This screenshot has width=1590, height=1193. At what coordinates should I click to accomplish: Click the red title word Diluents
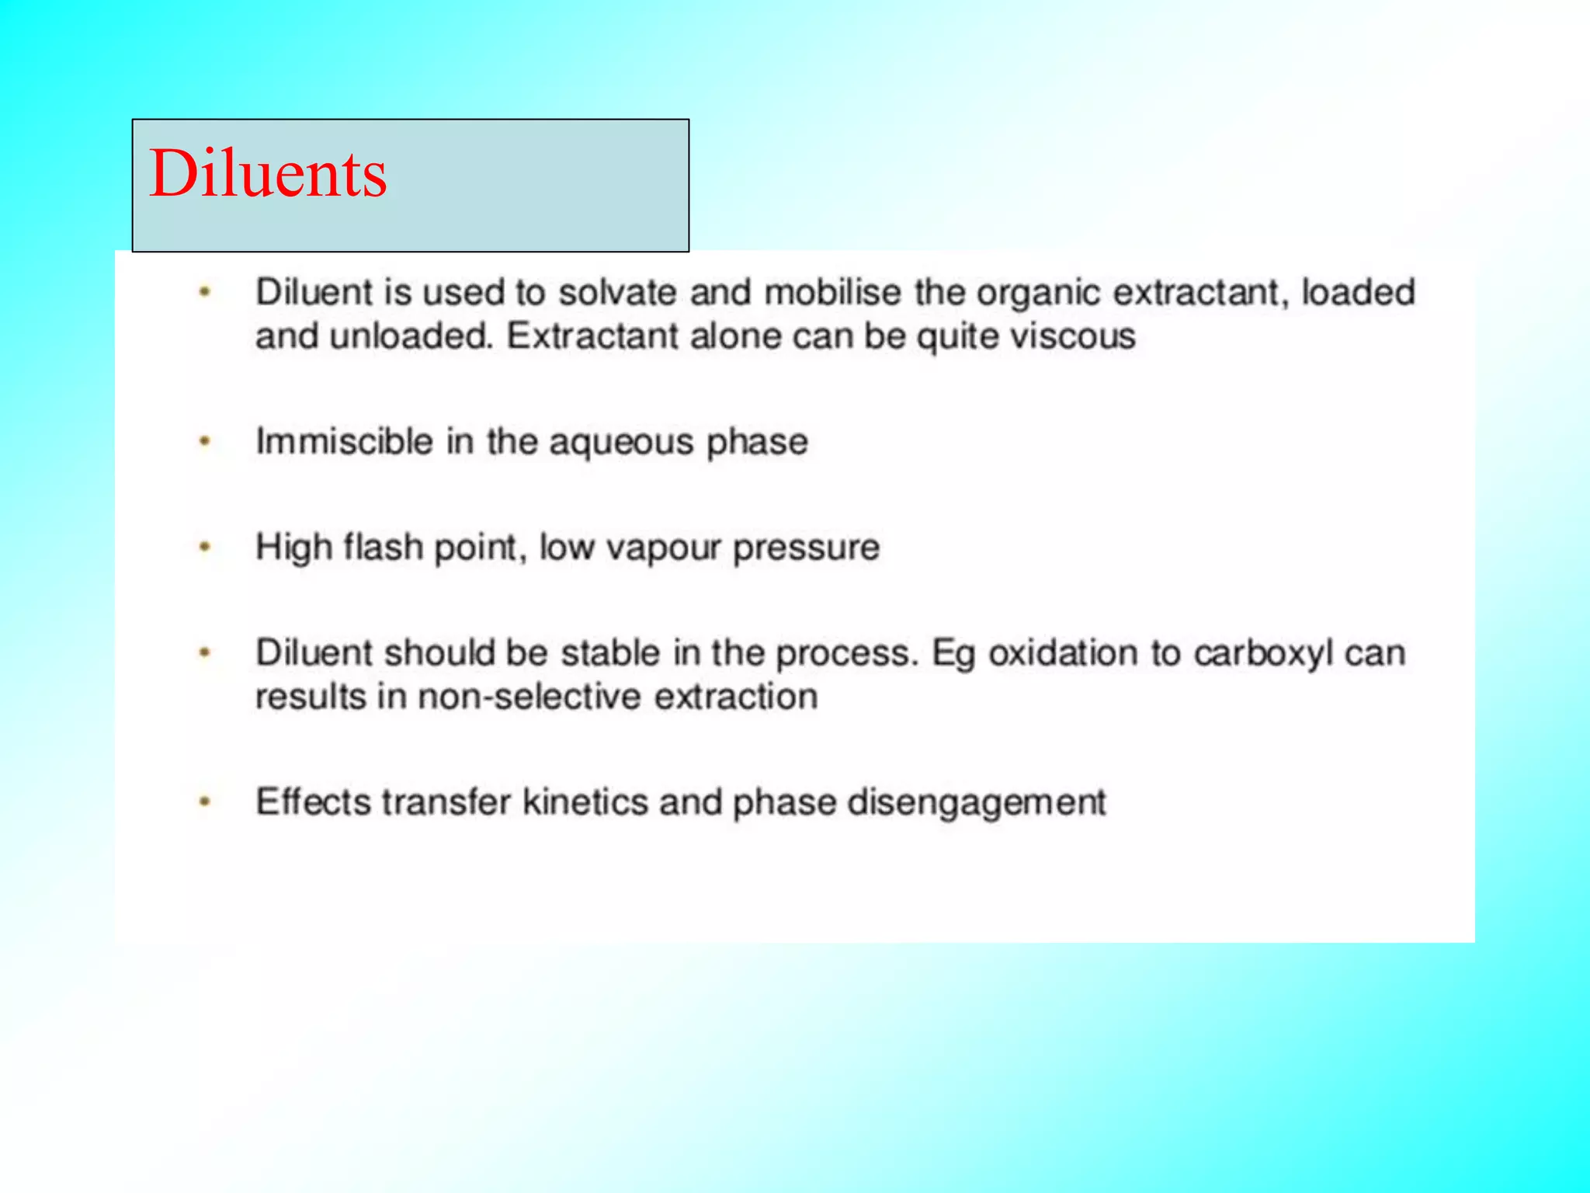point(268,173)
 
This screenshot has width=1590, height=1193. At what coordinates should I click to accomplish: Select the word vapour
point(664,548)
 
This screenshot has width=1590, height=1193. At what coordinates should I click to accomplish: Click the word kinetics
point(585,802)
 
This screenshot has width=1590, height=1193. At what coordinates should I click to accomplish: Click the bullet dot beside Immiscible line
point(205,442)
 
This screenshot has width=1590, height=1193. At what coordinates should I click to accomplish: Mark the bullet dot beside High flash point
point(205,547)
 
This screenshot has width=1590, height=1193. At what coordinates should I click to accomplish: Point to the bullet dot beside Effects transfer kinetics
point(205,801)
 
